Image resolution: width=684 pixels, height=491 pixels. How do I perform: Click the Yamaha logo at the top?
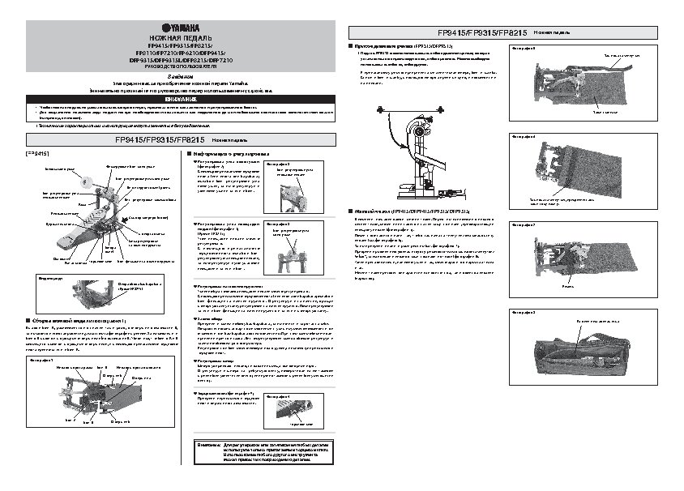click(169, 28)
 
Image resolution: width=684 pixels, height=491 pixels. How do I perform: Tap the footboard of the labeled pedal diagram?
click(69, 240)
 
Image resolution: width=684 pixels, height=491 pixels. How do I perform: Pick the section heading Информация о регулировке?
click(230, 152)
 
